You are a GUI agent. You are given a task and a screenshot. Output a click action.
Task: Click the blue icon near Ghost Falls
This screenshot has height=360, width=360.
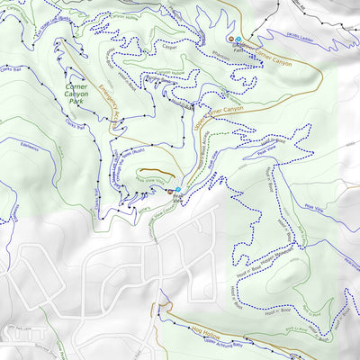coord(236,39)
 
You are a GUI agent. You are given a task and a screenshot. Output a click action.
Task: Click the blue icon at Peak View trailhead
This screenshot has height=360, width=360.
coord(178,189)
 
